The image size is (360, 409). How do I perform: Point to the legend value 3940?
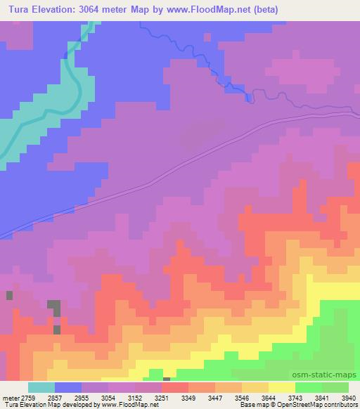[348, 397]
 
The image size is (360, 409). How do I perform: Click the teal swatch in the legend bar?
[41, 387]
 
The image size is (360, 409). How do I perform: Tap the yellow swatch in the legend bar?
[281, 387]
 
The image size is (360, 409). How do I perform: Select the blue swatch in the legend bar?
[67, 387]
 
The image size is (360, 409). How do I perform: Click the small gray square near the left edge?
[10, 295]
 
